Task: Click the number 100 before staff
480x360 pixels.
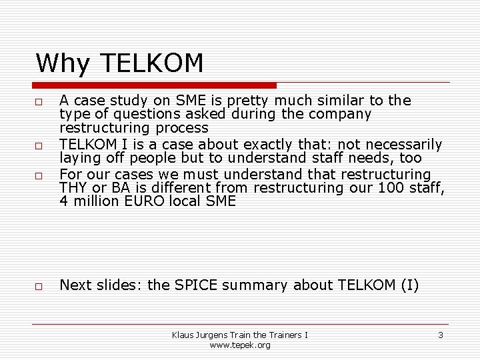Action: (389, 187)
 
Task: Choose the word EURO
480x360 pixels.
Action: (145, 201)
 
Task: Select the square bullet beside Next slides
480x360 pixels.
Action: (39, 287)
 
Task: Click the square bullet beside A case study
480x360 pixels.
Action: (39, 102)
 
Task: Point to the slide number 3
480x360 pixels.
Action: (440, 335)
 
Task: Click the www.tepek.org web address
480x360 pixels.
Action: (239, 345)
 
